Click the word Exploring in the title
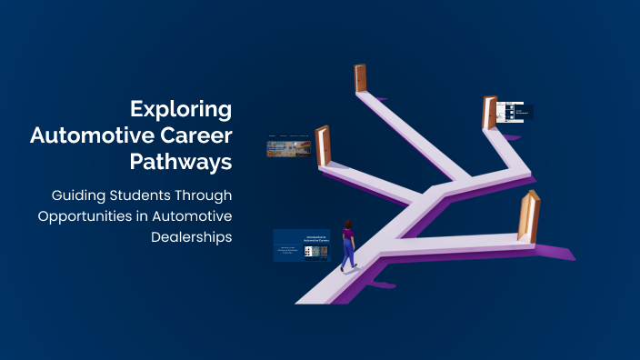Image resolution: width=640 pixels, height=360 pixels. (181, 109)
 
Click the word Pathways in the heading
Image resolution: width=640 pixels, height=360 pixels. (180, 164)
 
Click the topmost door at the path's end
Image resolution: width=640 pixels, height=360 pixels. (360, 79)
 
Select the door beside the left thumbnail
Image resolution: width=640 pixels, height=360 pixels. (322, 145)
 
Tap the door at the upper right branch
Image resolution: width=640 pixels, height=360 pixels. (490, 114)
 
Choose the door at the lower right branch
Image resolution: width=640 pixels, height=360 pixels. (527, 215)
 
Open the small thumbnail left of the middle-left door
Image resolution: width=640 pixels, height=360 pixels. (288, 146)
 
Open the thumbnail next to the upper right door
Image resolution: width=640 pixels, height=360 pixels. (515, 112)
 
